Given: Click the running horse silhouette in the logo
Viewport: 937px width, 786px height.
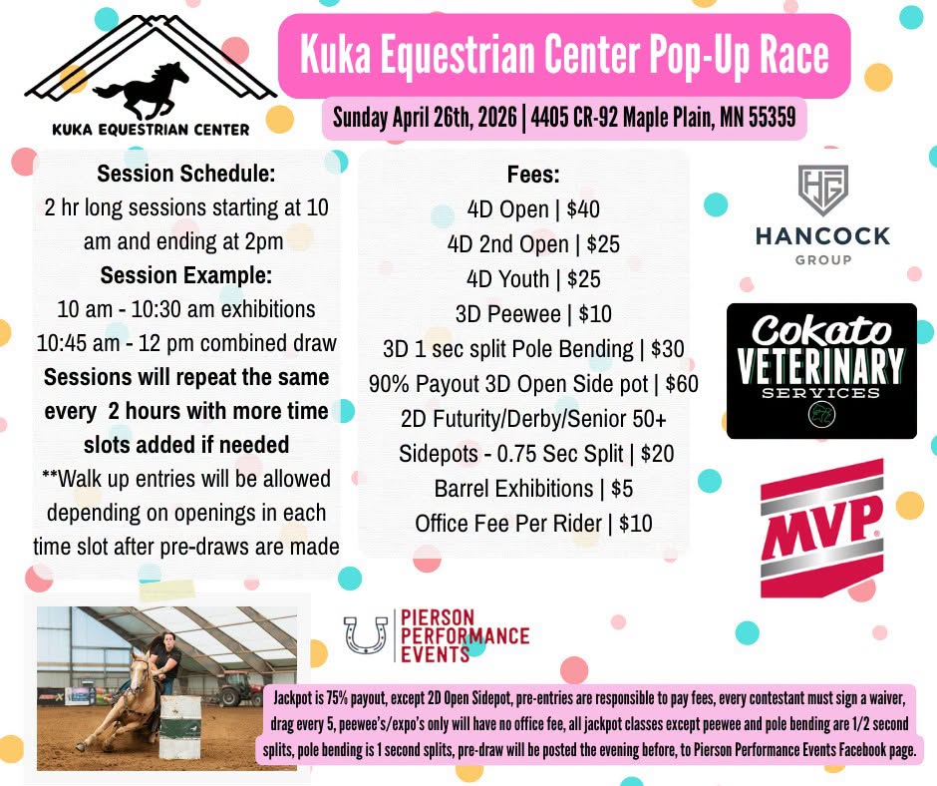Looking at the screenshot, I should [x=141, y=91].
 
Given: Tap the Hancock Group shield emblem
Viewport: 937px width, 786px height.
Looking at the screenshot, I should [x=822, y=190].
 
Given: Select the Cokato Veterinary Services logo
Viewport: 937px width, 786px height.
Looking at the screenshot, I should [x=821, y=370].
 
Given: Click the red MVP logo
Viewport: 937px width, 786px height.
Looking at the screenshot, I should [x=822, y=524].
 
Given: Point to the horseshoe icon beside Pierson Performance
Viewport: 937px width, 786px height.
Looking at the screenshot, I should [x=365, y=635].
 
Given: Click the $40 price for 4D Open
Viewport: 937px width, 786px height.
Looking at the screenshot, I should [x=580, y=209].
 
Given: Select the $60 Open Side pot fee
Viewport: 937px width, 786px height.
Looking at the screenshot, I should [x=678, y=384].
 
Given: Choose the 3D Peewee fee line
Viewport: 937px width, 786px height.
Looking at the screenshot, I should [x=532, y=314].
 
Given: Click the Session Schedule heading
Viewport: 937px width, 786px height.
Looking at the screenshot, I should [x=186, y=174].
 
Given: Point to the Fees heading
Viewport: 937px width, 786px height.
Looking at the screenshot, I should [x=533, y=174].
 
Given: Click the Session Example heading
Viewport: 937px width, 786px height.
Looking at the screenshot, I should [x=186, y=275].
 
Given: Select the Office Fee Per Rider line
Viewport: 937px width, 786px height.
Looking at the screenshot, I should [x=533, y=523].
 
